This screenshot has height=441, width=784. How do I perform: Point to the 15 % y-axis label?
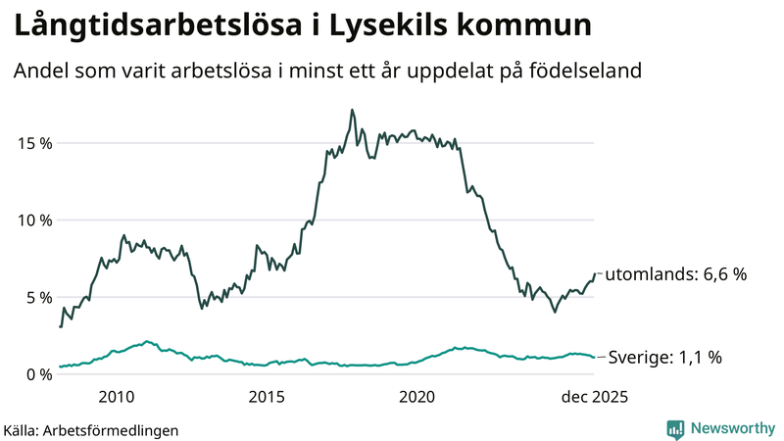coord(32,143)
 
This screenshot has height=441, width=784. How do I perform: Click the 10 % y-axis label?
coord(32,220)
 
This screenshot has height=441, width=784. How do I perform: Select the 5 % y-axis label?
coord(37,297)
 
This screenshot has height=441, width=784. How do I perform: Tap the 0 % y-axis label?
coord(37,374)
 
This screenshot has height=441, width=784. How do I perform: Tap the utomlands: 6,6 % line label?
coord(675,274)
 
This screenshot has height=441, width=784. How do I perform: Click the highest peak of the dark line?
coord(351,110)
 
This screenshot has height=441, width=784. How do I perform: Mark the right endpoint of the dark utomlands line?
coord(594,274)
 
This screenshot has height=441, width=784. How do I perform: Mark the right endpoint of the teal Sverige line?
coord(594,357)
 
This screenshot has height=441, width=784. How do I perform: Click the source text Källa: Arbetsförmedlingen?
coord(91,429)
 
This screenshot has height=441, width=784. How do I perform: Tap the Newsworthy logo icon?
coord(675,428)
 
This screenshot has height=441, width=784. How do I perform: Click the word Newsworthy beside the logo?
coord(731,428)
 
